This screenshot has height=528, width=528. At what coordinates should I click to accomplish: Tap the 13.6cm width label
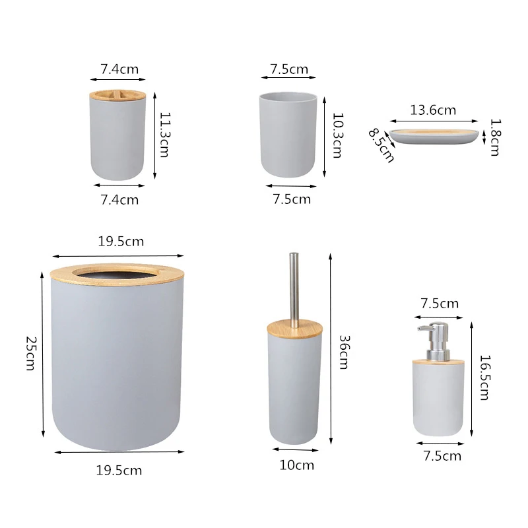pos(433,110)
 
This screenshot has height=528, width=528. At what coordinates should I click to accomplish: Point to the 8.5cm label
pos(381,145)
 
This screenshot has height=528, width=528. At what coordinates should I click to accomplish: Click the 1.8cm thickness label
pos(495,137)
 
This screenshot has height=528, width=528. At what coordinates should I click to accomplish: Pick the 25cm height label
pos(30,353)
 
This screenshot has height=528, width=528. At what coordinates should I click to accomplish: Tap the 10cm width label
pos(296,465)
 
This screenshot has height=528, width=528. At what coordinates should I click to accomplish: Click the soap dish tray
pos(434,137)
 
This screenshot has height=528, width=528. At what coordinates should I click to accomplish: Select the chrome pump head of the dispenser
pos(432,339)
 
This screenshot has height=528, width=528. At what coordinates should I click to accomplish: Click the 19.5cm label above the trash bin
pos(121,242)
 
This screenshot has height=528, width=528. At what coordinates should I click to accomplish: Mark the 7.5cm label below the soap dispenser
pos(442,456)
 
